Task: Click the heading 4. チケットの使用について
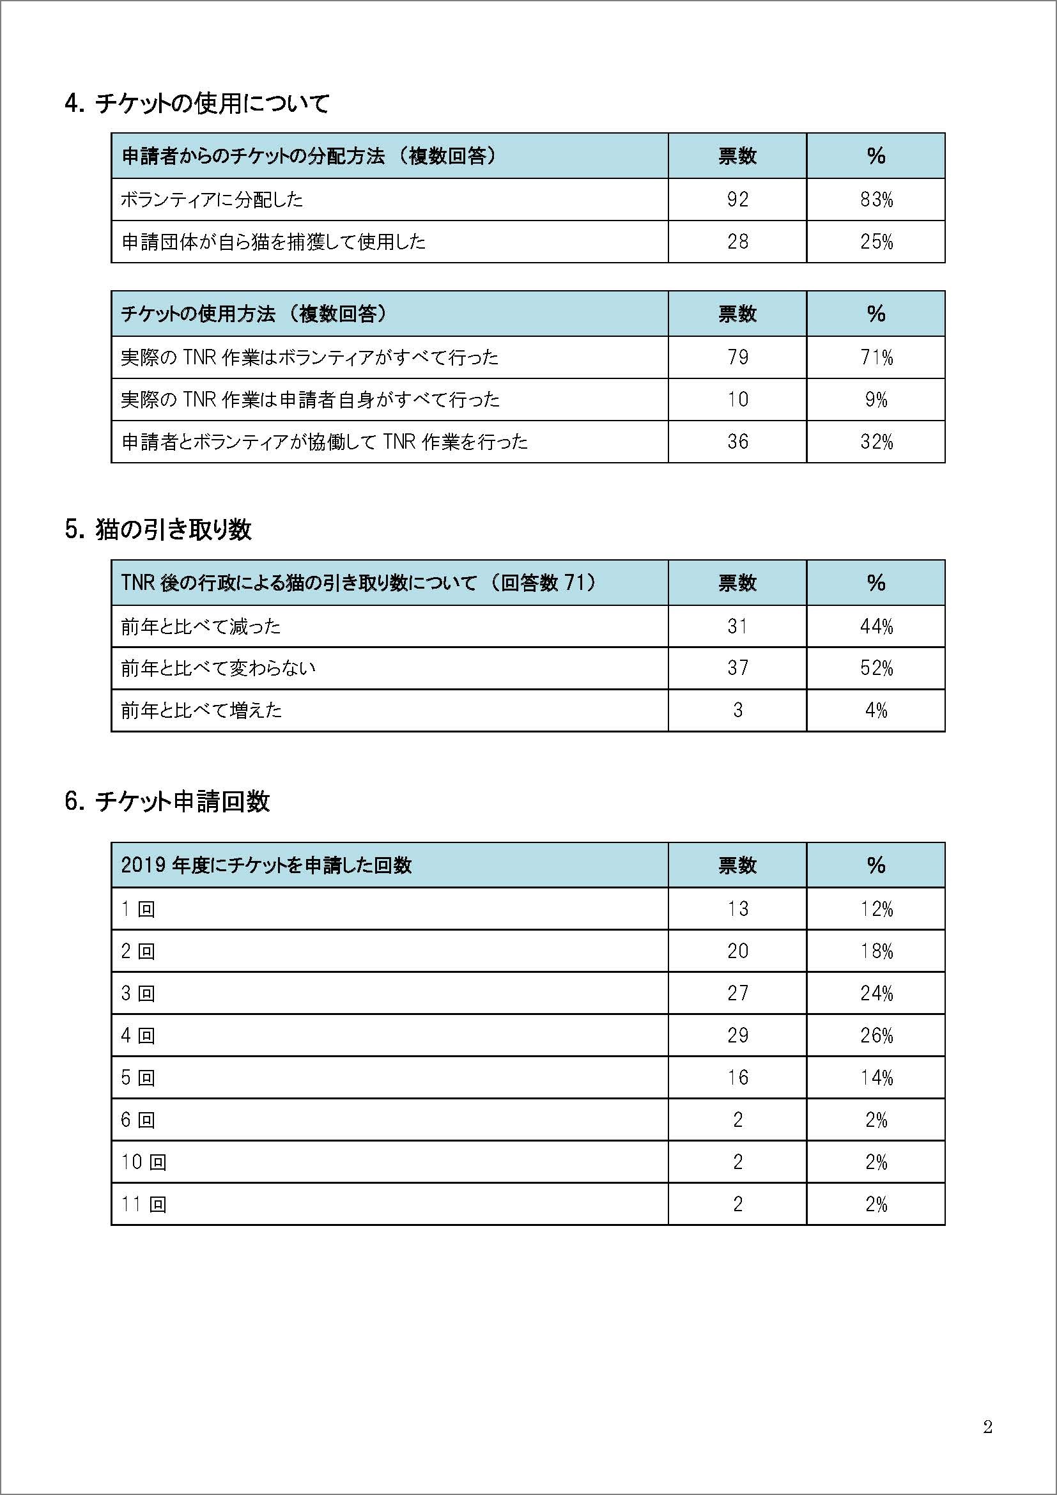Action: coord(197,104)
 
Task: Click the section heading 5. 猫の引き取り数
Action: coord(158,530)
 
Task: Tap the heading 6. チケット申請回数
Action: coord(167,801)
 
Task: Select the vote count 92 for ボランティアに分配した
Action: coord(737,199)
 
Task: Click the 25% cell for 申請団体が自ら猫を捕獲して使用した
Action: coord(876,242)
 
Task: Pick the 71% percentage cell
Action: coord(876,357)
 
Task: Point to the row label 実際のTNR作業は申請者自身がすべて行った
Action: coord(311,399)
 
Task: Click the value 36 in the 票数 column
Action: coord(737,442)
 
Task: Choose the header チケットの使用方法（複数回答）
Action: coord(254,314)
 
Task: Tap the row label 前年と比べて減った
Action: coord(201,626)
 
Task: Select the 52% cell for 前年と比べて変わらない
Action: coord(876,667)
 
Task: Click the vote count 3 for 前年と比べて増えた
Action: coord(737,709)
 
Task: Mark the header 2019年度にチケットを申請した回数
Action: coord(266,865)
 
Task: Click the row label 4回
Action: coord(138,1035)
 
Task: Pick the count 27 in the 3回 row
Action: coord(737,993)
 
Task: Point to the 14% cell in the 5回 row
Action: coord(876,1078)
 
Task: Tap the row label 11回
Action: coord(144,1204)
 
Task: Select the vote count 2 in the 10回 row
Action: coord(737,1161)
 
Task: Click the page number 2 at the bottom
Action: coord(987,1427)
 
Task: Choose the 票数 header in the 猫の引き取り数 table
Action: coord(737,583)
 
